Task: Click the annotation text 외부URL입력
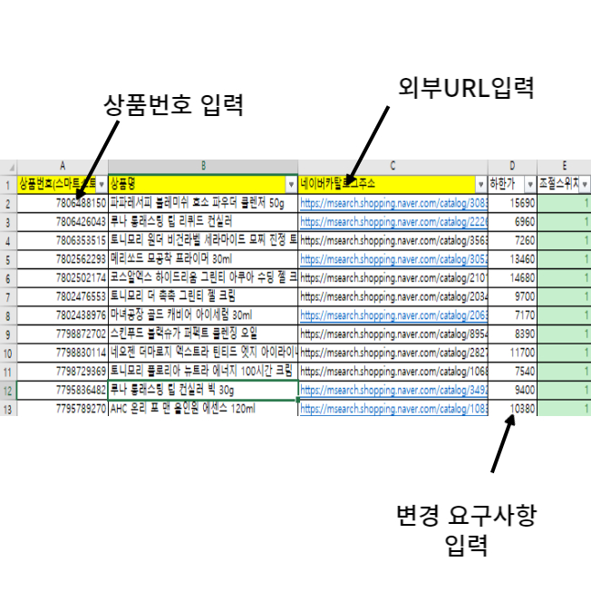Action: (x=468, y=88)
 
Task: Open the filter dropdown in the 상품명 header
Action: (x=291, y=184)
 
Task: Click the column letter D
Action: (x=511, y=167)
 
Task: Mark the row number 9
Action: (x=7, y=334)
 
